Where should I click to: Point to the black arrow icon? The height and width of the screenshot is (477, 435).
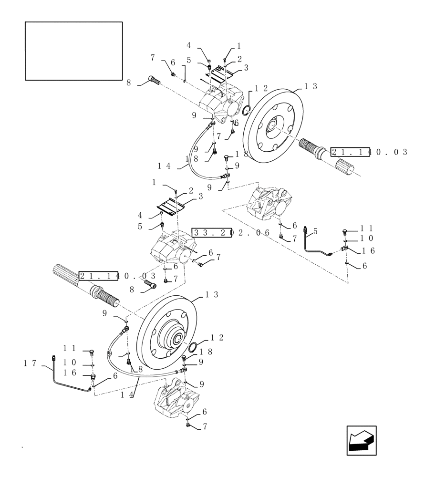coord(361,440)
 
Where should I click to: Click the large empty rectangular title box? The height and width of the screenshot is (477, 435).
coord(74,51)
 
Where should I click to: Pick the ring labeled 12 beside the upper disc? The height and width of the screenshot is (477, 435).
coord(246,111)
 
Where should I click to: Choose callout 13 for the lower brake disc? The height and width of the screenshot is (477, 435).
coord(211,295)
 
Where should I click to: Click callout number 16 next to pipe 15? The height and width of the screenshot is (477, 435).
coord(368,251)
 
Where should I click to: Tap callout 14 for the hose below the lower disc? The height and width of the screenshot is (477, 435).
coord(127,394)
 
